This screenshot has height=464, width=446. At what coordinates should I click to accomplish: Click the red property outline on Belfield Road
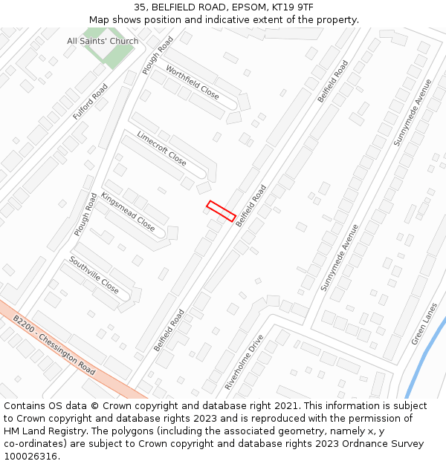point(221,210)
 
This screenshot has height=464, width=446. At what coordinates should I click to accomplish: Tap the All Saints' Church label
point(103,42)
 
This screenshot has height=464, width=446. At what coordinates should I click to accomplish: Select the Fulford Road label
point(90,102)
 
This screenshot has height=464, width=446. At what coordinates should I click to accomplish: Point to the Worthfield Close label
point(192,82)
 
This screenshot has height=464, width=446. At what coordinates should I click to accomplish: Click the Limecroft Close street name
point(161,148)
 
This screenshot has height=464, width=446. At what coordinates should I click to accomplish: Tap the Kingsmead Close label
point(128,212)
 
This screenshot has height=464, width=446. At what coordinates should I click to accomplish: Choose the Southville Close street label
point(94,275)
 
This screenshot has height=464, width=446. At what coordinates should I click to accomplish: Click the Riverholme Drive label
point(244,362)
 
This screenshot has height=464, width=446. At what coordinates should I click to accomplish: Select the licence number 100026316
point(30,457)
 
